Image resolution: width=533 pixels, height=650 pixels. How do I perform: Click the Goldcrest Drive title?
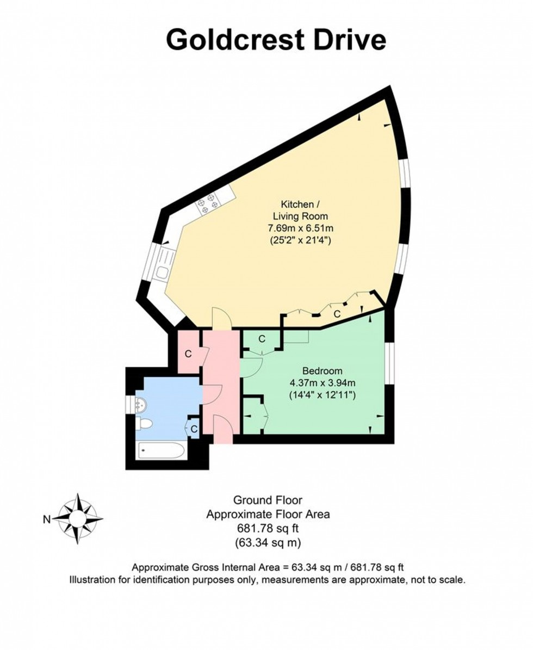pos(276,40)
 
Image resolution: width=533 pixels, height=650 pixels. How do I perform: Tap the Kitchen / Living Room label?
pos(296,210)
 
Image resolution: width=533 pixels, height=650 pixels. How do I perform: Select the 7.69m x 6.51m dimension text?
pos(296,228)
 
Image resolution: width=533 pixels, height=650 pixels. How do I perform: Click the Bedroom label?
pos(323,371)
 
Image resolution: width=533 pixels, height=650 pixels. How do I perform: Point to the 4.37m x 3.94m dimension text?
pos(323,383)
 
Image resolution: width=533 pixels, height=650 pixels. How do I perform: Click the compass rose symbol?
pos(78,518)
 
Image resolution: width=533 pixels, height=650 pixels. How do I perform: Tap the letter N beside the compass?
pos(47,519)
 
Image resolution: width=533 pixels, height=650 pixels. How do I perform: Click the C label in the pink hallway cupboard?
pos(188,354)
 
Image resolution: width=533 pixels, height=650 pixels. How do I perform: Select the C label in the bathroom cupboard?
pos(194,429)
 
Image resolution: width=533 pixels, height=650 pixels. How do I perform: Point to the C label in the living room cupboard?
pos(337,314)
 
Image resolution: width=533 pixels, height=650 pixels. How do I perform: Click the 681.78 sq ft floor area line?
pos(268,528)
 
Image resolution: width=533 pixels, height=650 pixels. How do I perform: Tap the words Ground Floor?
pos(268,499)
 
